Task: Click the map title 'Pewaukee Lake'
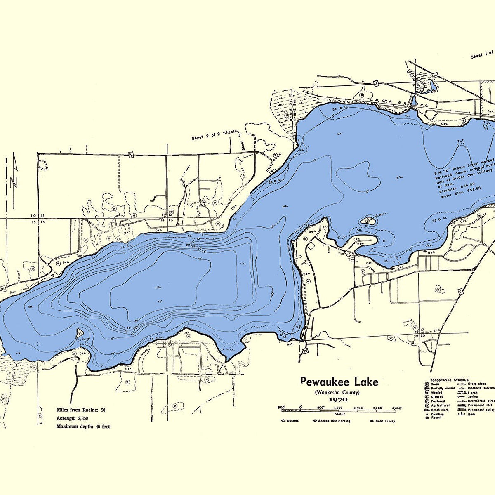pos(339,382)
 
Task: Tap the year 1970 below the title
pos(338,399)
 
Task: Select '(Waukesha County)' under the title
pos(337,392)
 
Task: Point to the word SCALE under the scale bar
pos(340,413)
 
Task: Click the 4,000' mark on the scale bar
pos(396,408)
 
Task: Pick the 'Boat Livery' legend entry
pos(382,421)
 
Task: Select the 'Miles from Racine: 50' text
pos(81,410)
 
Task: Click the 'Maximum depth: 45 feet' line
pos(83,427)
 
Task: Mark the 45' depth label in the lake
pos(160,302)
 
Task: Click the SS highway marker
pos(305,351)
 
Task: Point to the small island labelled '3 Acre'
pos(367,220)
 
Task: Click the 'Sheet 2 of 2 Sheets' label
pos(214,135)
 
